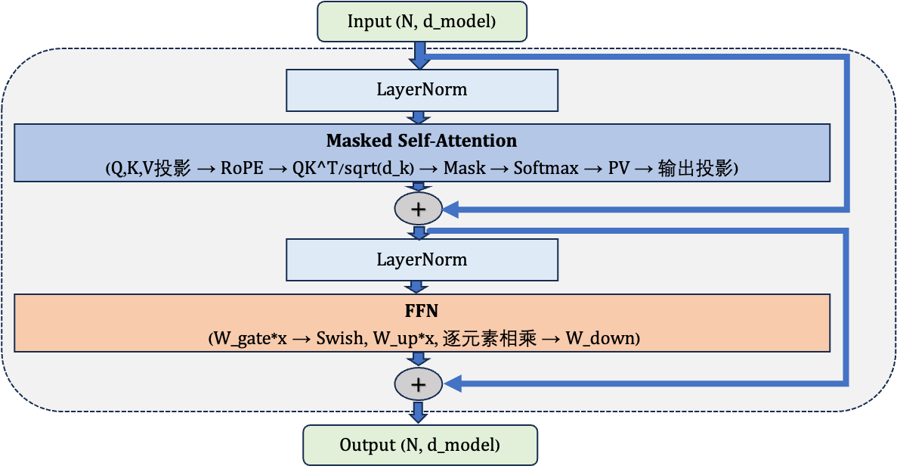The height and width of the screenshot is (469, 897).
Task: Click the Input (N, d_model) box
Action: (x=421, y=21)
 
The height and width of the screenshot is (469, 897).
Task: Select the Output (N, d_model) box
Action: (x=420, y=445)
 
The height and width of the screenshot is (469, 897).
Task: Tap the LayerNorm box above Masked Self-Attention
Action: (x=422, y=89)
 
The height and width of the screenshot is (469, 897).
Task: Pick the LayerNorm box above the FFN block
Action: (x=422, y=259)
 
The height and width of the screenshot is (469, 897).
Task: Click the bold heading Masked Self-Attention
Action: (x=422, y=141)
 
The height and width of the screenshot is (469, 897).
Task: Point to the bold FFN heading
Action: (x=422, y=311)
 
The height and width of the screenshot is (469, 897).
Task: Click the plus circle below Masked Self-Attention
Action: (x=417, y=209)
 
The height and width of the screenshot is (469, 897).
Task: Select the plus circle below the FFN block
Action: (x=417, y=384)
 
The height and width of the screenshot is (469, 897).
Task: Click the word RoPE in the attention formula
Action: (x=241, y=169)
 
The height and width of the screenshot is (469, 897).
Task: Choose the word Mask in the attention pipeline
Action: (x=465, y=169)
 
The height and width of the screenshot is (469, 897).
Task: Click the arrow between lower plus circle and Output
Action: (x=417, y=412)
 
